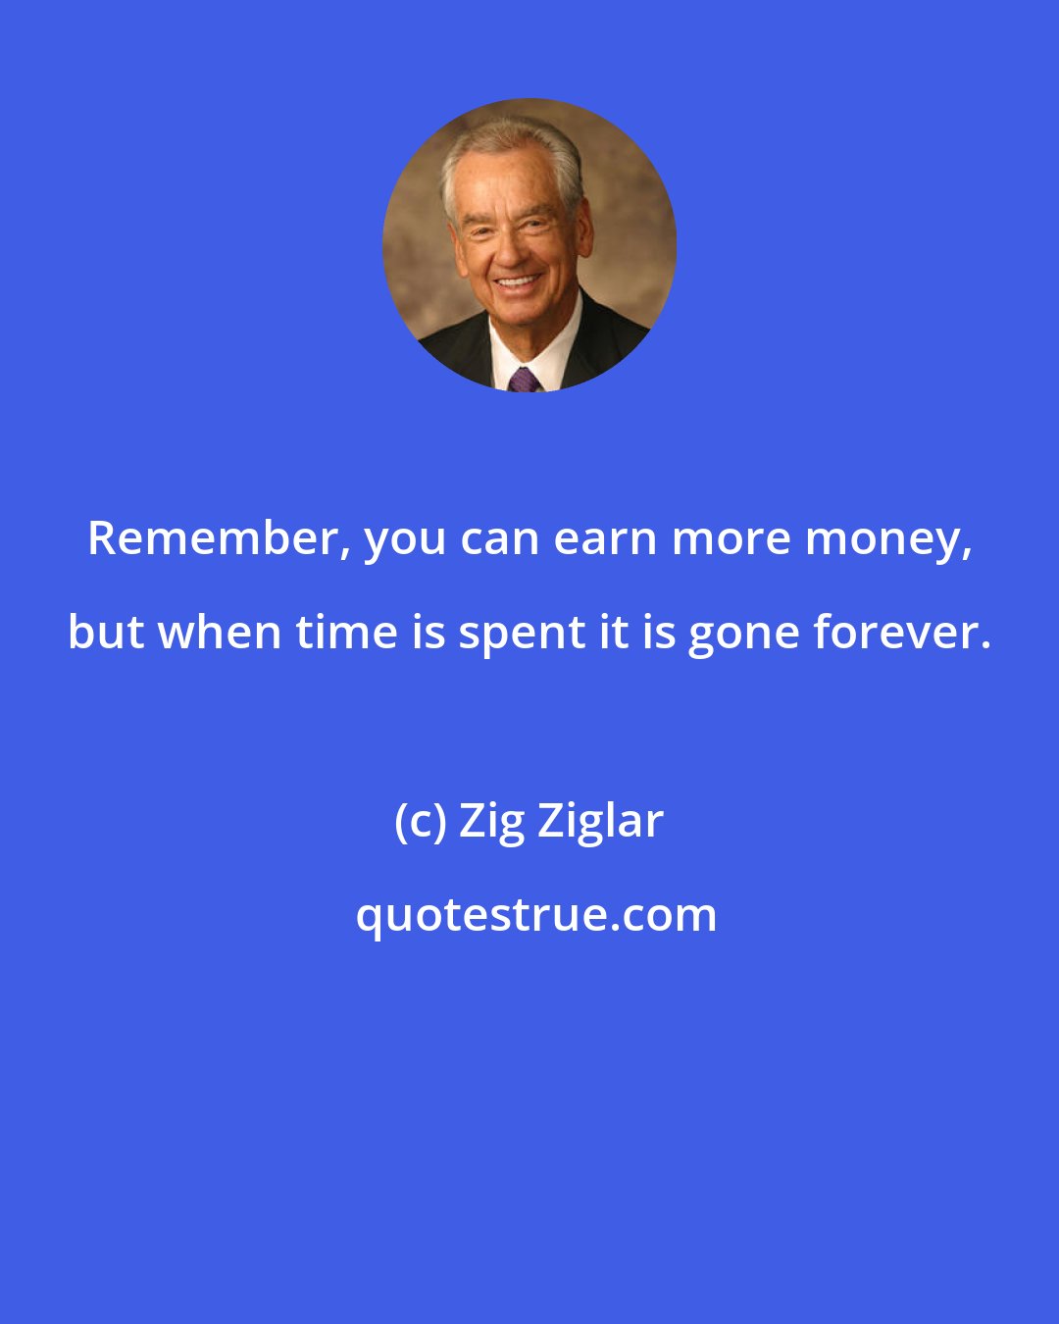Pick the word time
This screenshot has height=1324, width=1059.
[347, 633]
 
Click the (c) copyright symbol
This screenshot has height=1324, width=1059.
[421, 822]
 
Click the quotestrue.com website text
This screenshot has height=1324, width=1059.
[535, 916]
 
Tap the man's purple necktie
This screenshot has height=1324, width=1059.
[524, 379]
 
